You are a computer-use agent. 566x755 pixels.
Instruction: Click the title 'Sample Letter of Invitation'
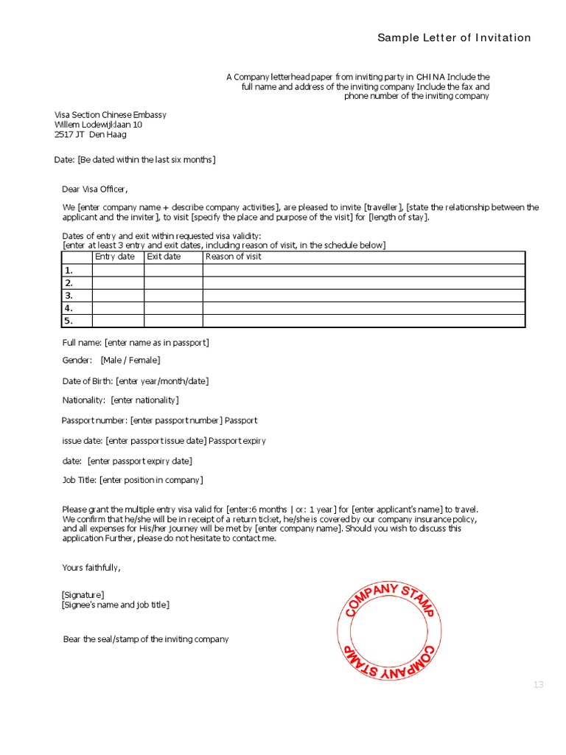tap(454, 38)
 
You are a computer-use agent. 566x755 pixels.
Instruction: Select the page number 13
tap(538, 685)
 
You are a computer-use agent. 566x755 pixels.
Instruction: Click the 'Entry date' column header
tap(115, 257)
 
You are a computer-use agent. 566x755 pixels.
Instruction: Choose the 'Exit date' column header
tap(164, 257)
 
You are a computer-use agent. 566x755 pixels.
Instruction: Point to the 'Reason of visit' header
tap(233, 257)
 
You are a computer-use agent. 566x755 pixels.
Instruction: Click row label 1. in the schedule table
tap(69, 270)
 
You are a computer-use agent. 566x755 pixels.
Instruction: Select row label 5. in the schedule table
tap(69, 321)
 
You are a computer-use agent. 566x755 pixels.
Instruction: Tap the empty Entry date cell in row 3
tap(118, 295)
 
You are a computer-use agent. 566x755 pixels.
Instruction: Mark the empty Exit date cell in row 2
tap(173, 282)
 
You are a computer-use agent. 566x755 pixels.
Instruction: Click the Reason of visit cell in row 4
tap(363, 307)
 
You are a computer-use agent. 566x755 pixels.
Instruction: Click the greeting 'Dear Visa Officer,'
tap(100, 189)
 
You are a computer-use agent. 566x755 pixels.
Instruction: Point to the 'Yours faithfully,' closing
tap(91, 568)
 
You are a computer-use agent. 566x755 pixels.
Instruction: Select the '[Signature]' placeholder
tap(83, 594)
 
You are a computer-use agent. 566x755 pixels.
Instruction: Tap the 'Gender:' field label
tap(77, 360)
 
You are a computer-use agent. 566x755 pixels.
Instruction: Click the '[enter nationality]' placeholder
tap(145, 400)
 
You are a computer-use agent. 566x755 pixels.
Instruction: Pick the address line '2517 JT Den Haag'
tap(91, 135)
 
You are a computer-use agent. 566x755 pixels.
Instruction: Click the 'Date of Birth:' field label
tap(88, 380)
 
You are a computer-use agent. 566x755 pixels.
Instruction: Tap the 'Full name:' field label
tap(82, 342)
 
